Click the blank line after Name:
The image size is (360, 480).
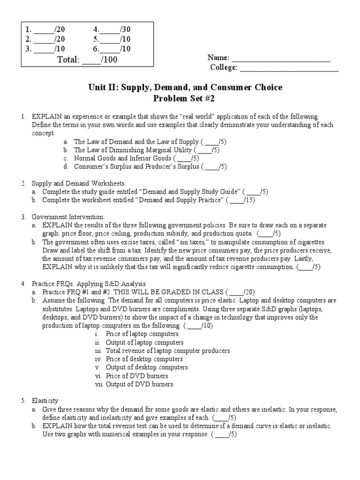[x=281, y=59]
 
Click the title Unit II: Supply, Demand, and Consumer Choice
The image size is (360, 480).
[x=185, y=88]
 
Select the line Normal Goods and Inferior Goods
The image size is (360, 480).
[x=124, y=158]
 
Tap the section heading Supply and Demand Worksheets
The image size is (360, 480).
[x=78, y=183]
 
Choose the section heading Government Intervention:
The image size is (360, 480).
[x=68, y=217]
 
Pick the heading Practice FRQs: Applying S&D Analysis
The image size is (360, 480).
[x=89, y=284]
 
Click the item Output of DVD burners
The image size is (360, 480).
[x=139, y=384]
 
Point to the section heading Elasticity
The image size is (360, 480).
[x=45, y=401]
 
